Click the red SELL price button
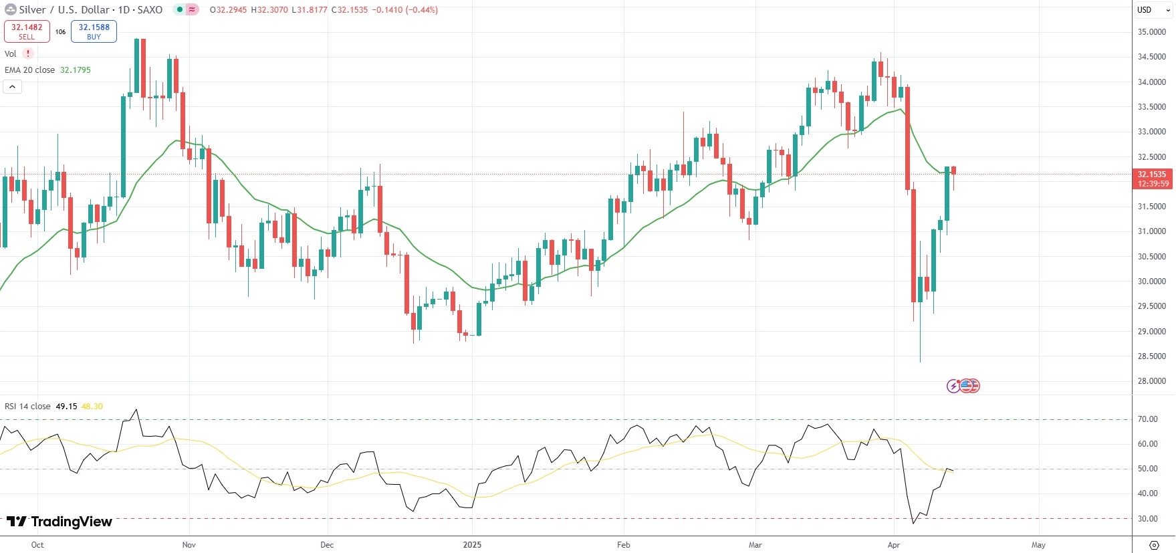pos(27,31)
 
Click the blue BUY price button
pos(94,31)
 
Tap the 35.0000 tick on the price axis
pos(1151,32)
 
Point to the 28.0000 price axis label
pos(1151,381)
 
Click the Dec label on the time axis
pos(327,545)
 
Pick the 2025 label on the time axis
pos(472,545)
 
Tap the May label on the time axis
pos(1038,545)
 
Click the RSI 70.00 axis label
pos(1147,419)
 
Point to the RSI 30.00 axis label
pos(1147,519)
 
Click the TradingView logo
pos(60,522)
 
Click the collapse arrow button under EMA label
pos(12,87)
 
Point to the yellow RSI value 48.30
pos(92,407)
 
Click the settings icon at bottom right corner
pos(1153,545)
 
